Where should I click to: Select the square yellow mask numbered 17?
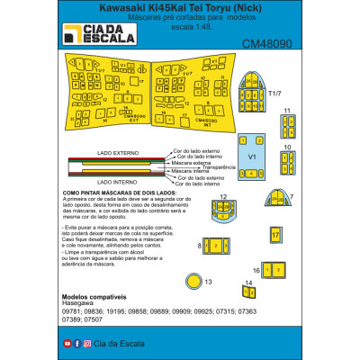pos(276,233)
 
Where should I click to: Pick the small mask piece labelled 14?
pos(249,289)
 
